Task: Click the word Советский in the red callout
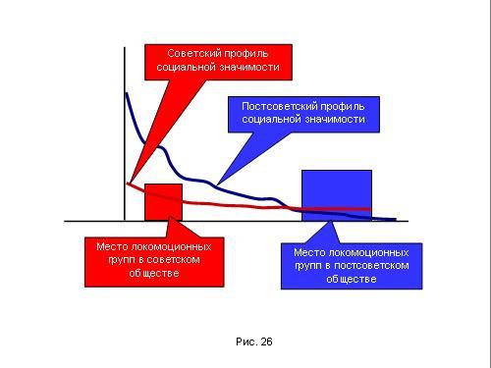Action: tap(190, 53)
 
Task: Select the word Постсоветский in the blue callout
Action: tap(280, 106)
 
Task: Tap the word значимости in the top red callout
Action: tap(249, 68)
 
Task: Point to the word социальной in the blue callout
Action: tap(271, 119)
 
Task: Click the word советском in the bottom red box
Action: tap(173, 260)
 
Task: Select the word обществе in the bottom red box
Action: tap(154, 273)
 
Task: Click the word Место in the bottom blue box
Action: tap(309, 252)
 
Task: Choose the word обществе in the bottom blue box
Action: tap(352, 279)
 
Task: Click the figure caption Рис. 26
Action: tap(254, 342)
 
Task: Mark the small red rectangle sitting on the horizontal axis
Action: tap(163, 202)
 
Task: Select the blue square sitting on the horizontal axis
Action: tap(337, 195)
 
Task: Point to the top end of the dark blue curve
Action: tap(126, 93)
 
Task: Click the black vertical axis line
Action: tap(125, 134)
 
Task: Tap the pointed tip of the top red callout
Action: tap(130, 184)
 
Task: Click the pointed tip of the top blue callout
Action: tap(217, 184)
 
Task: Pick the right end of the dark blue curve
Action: tap(396, 219)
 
